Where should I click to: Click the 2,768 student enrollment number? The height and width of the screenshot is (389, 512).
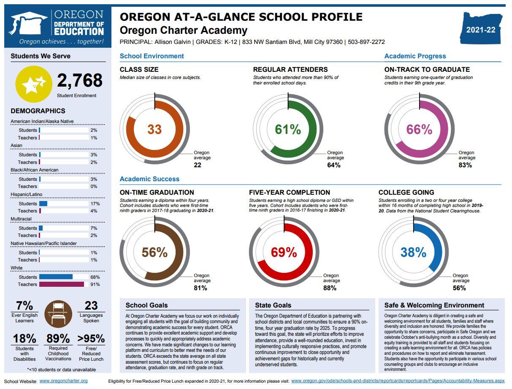(x=80, y=80)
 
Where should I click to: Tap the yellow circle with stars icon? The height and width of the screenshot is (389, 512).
(x=34, y=84)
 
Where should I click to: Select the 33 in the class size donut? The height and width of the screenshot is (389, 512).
(x=154, y=129)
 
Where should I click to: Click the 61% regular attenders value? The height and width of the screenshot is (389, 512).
(x=288, y=129)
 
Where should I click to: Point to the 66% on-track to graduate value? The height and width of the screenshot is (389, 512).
(x=419, y=129)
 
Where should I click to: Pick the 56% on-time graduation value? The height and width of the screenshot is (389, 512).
(x=154, y=252)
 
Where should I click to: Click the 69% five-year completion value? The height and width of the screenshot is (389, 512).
(x=284, y=252)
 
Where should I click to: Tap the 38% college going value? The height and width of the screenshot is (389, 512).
(x=413, y=252)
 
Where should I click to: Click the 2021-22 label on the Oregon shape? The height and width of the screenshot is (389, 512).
(x=481, y=30)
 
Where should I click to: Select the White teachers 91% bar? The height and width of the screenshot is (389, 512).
(x=62, y=284)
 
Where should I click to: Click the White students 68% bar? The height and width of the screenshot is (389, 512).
(x=56, y=277)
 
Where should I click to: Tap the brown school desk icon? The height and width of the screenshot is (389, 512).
(x=58, y=314)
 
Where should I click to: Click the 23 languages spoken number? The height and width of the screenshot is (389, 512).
(x=91, y=305)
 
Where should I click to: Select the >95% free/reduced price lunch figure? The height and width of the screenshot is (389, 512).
(x=91, y=339)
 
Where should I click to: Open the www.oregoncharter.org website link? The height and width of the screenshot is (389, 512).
(x=63, y=381)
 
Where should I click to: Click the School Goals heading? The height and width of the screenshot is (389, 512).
(x=146, y=305)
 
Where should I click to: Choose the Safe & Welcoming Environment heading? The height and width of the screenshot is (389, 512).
(x=434, y=305)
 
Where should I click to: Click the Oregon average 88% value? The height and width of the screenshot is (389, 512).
(x=330, y=288)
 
